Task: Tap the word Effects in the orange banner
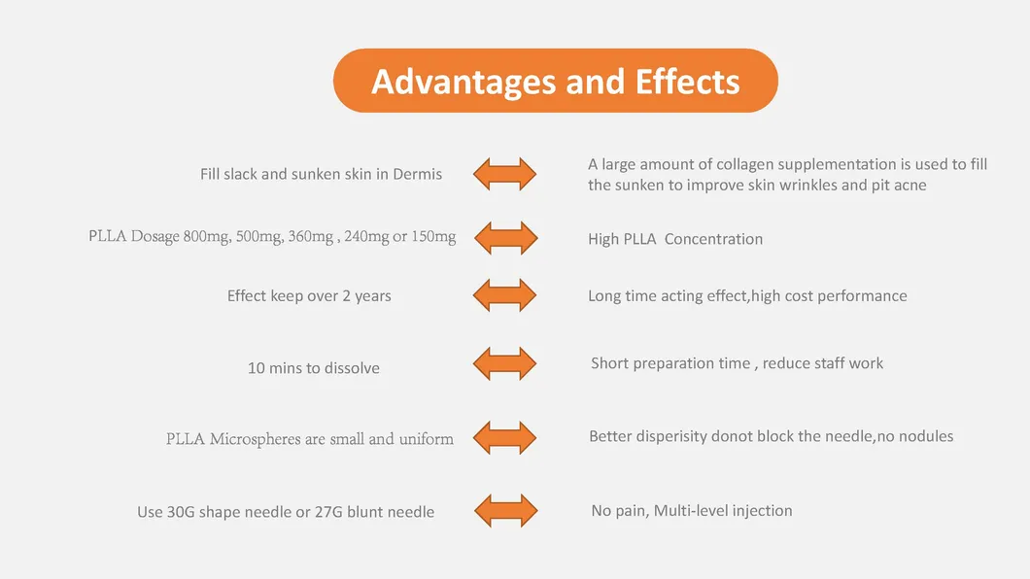pos(687,82)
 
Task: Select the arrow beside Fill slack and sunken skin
pos(504,174)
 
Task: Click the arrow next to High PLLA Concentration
pos(506,238)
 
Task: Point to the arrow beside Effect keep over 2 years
pos(504,294)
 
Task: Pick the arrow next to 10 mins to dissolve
pos(504,363)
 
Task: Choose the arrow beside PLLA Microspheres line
pos(504,438)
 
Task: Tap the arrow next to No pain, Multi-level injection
pos(506,511)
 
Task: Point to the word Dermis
pos(417,174)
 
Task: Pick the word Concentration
pos(713,239)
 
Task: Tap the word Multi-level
pos(690,511)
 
